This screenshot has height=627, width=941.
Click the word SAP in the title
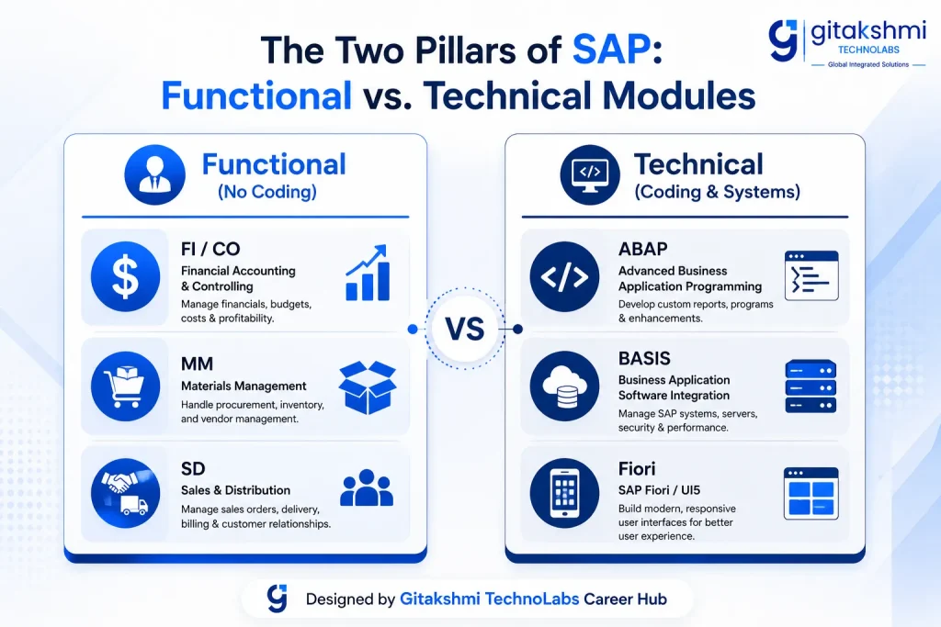611,50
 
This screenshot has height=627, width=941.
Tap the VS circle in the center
465,329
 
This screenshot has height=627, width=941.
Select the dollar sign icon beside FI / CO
125,276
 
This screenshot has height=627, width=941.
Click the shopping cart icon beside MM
125,386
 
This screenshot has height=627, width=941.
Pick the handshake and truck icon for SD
125,493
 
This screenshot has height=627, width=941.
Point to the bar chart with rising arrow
368,273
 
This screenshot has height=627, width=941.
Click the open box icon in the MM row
368,387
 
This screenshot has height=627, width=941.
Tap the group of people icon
367,488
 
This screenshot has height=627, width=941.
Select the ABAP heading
642,249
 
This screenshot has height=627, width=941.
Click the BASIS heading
644,358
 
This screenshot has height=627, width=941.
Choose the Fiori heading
637,469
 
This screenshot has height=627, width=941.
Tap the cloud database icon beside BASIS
564,386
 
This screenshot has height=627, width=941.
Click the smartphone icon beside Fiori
564,493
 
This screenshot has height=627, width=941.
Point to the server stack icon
811,386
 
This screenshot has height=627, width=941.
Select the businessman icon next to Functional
154,174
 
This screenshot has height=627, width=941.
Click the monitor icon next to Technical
590,174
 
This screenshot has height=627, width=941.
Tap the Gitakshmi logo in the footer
278,599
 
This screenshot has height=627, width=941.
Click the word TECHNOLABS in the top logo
868,50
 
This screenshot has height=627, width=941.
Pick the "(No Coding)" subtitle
267,192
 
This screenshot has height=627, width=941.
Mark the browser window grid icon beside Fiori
811,493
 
